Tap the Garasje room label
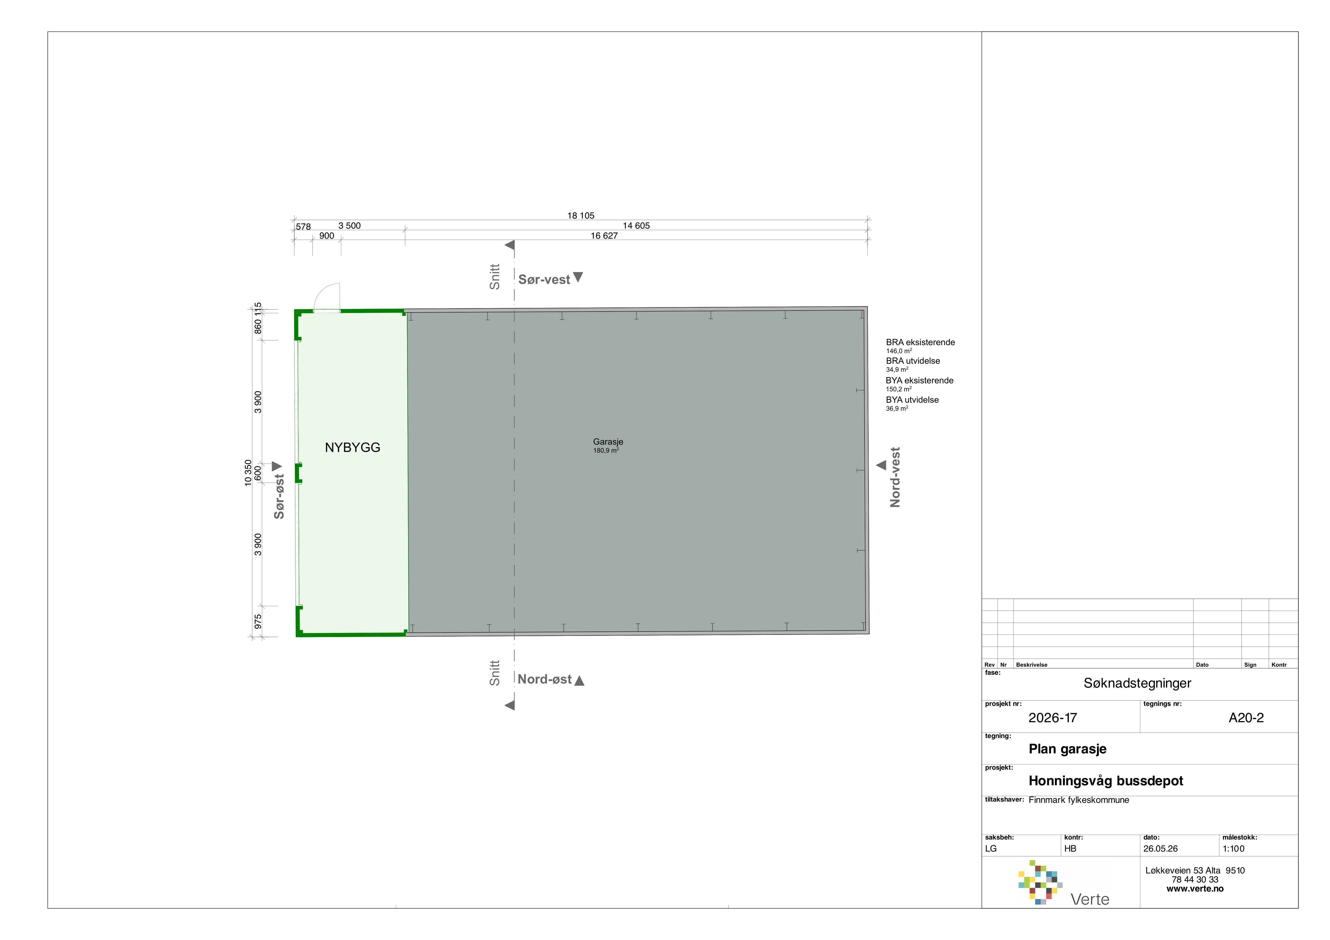click(608, 442)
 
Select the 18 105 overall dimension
click(580, 215)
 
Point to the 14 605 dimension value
click(636, 226)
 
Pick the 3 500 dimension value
click(349, 226)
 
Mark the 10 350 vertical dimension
click(249, 473)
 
